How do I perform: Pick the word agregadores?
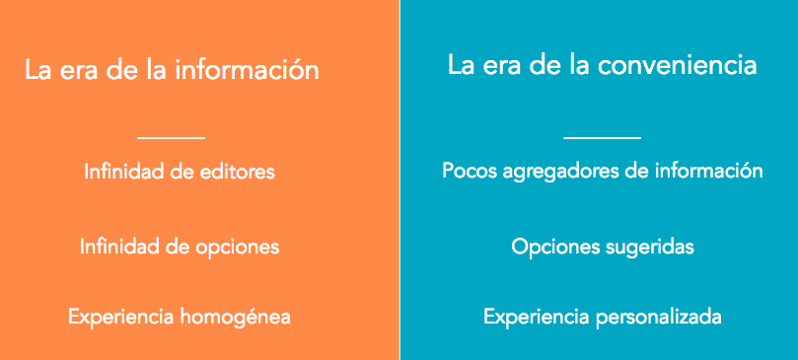(559, 172)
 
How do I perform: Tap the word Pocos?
(469, 171)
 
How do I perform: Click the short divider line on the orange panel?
(171, 138)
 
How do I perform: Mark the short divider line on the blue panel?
(602, 138)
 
